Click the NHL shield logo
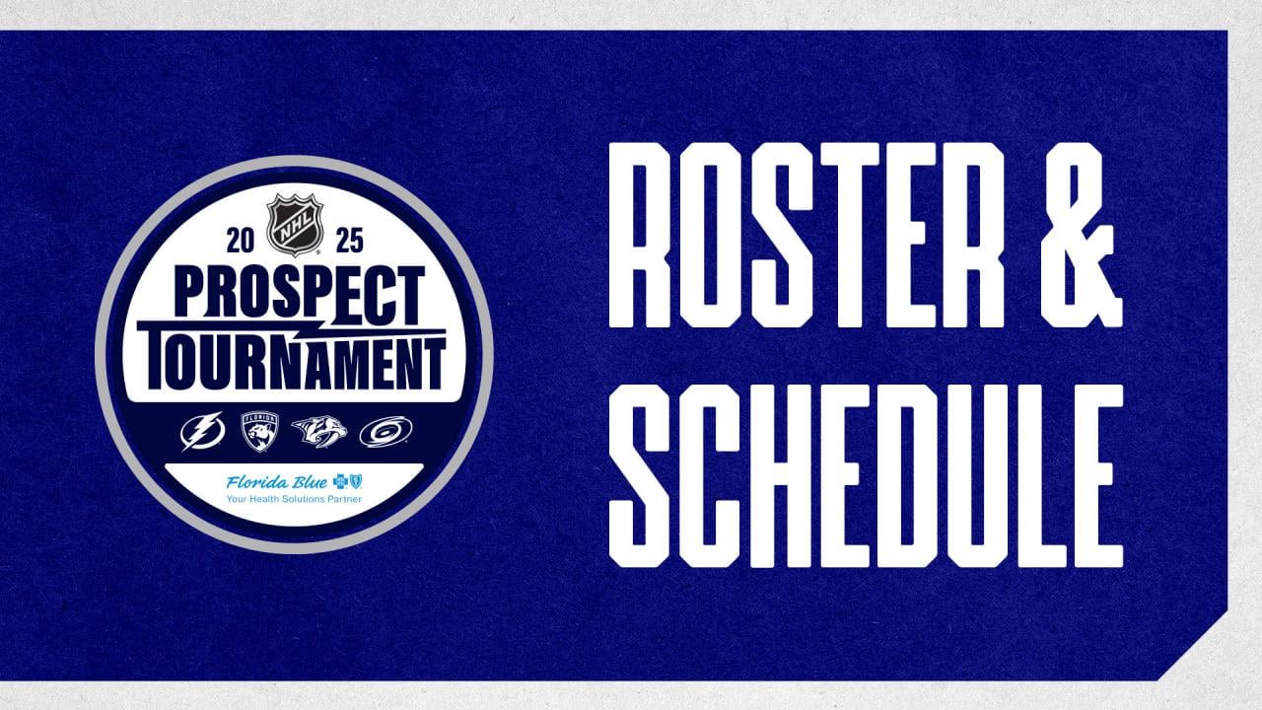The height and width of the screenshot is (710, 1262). click(x=295, y=226)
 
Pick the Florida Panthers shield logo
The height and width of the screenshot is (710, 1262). click(x=260, y=431)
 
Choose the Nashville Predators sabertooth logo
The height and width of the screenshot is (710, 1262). click(x=319, y=431)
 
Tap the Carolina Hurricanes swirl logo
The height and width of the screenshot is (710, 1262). click(x=386, y=431)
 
